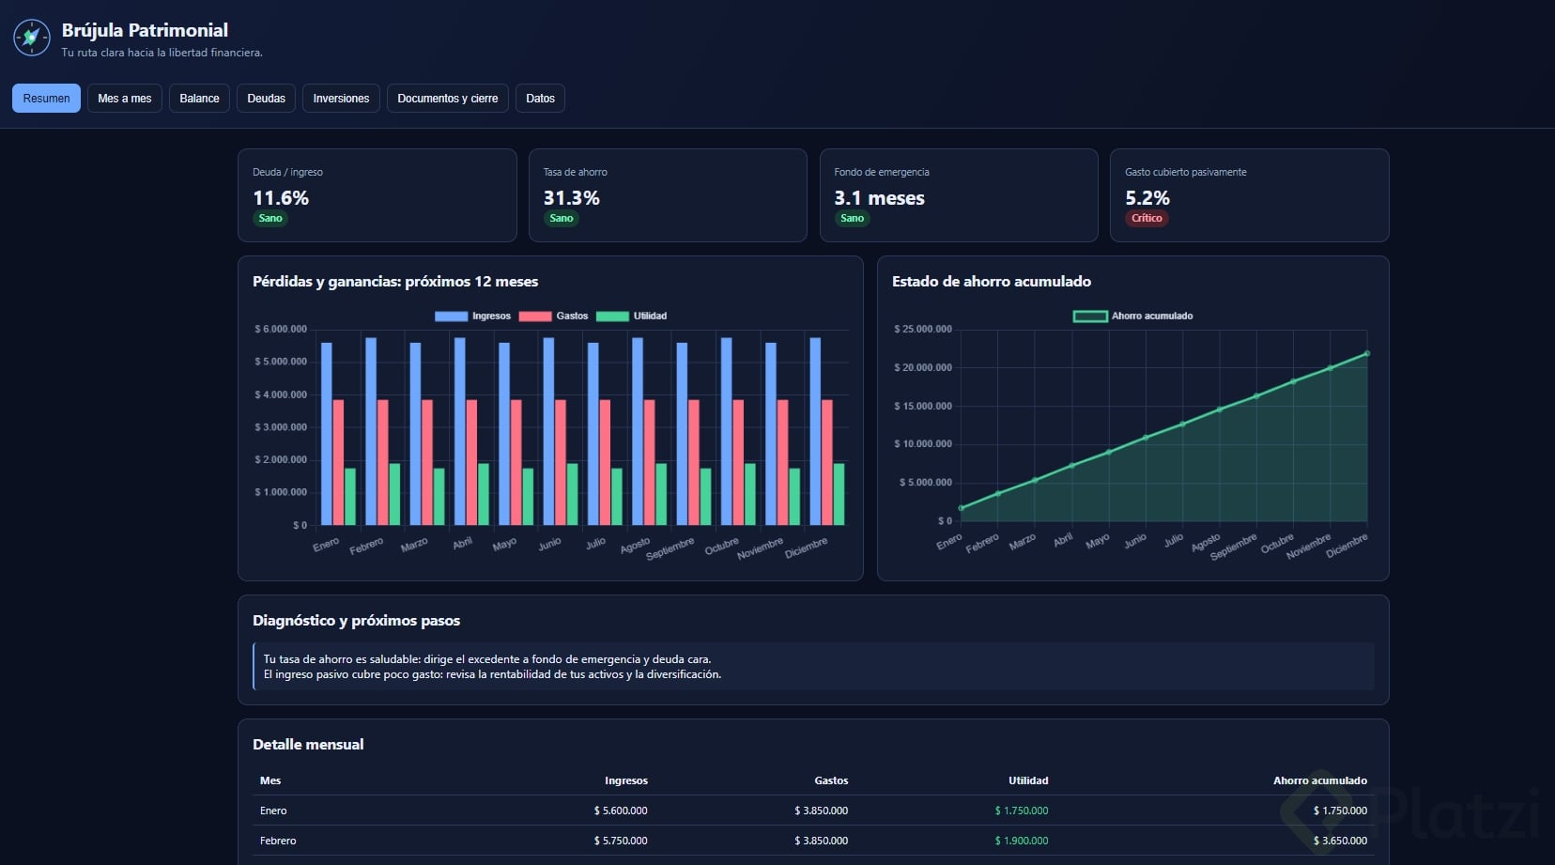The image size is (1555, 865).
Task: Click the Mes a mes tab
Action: [x=124, y=98]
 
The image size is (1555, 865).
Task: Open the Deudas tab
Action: [x=266, y=98]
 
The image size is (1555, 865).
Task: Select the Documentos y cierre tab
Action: [x=447, y=98]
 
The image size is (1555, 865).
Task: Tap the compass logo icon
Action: [x=31, y=38]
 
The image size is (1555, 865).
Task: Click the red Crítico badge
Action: [x=1147, y=218]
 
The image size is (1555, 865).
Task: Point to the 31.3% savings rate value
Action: [x=571, y=198]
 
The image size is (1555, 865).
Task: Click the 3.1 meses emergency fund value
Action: [x=879, y=198]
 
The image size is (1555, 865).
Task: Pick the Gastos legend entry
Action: [x=553, y=316]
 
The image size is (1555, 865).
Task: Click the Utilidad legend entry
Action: [x=631, y=316]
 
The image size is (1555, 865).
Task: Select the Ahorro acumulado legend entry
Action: [x=1132, y=316]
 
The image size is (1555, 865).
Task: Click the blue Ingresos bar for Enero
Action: [x=326, y=434]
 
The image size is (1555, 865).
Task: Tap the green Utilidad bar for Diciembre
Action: [x=839, y=494]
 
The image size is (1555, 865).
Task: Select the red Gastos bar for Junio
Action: [x=561, y=462]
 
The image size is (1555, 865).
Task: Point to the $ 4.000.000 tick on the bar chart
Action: [x=281, y=394]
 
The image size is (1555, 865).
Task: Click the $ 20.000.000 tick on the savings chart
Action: [x=923, y=367]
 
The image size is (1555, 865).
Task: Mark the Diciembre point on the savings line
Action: [x=1367, y=353]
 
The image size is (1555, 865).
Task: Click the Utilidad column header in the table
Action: [x=1028, y=780]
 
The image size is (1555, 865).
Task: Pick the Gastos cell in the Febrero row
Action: [x=822, y=840]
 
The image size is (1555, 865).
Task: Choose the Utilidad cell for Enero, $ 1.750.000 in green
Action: [x=1021, y=811]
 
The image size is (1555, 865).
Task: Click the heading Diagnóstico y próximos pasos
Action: [x=356, y=620]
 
